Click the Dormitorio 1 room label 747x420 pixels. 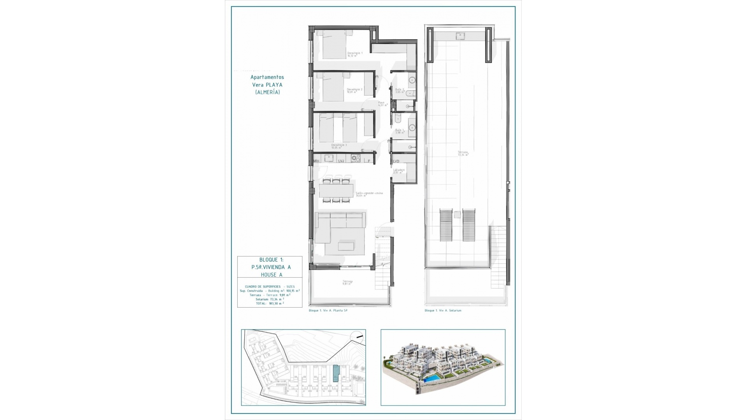click(x=354, y=54)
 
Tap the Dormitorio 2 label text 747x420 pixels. click(x=354, y=91)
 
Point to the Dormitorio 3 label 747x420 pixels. click(x=339, y=146)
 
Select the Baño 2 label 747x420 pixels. click(x=400, y=91)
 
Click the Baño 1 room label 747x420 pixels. click(x=400, y=131)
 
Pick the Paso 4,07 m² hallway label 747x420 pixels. click(x=383, y=104)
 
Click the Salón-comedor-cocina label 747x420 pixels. click(x=369, y=194)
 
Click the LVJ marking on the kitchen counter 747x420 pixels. click(x=341, y=161)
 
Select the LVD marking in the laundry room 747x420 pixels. click(x=396, y=161)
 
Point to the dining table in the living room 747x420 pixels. click(x=336, y=191)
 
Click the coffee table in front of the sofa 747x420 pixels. click(x=346, y=246)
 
